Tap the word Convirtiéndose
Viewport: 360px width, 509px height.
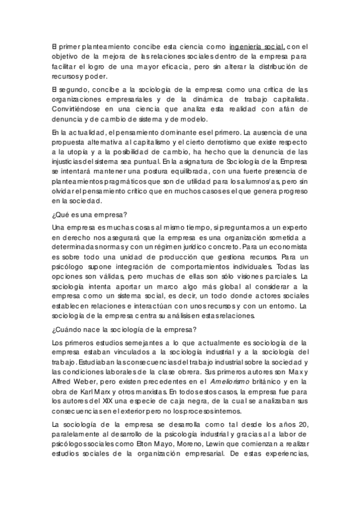(x=76, y=110)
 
